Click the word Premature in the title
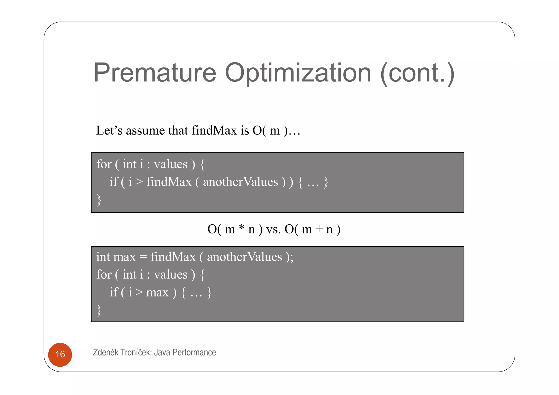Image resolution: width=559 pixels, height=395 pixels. (155, 73)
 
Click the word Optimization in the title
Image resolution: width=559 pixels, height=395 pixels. (298, 73)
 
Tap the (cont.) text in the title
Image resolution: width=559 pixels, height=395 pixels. (417, 73)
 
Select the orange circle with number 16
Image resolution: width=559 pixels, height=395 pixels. (60, 354)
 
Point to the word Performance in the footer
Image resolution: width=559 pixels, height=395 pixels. (194, 352)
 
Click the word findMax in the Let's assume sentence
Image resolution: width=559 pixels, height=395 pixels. (214, 130)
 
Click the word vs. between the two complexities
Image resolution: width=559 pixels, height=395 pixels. (273, 229)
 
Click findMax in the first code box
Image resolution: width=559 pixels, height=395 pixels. (169, 182)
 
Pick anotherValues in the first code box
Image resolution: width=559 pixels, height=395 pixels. (240, 182)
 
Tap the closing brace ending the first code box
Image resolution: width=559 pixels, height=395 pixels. (99, 200)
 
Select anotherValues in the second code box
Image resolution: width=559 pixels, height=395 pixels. (244, 257)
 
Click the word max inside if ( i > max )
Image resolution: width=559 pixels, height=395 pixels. (157, 293)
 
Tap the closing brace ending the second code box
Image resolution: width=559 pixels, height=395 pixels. (99, 310)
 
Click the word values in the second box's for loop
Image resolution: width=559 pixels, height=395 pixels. (171, 275)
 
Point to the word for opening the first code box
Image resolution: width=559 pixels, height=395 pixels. (104, 164)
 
